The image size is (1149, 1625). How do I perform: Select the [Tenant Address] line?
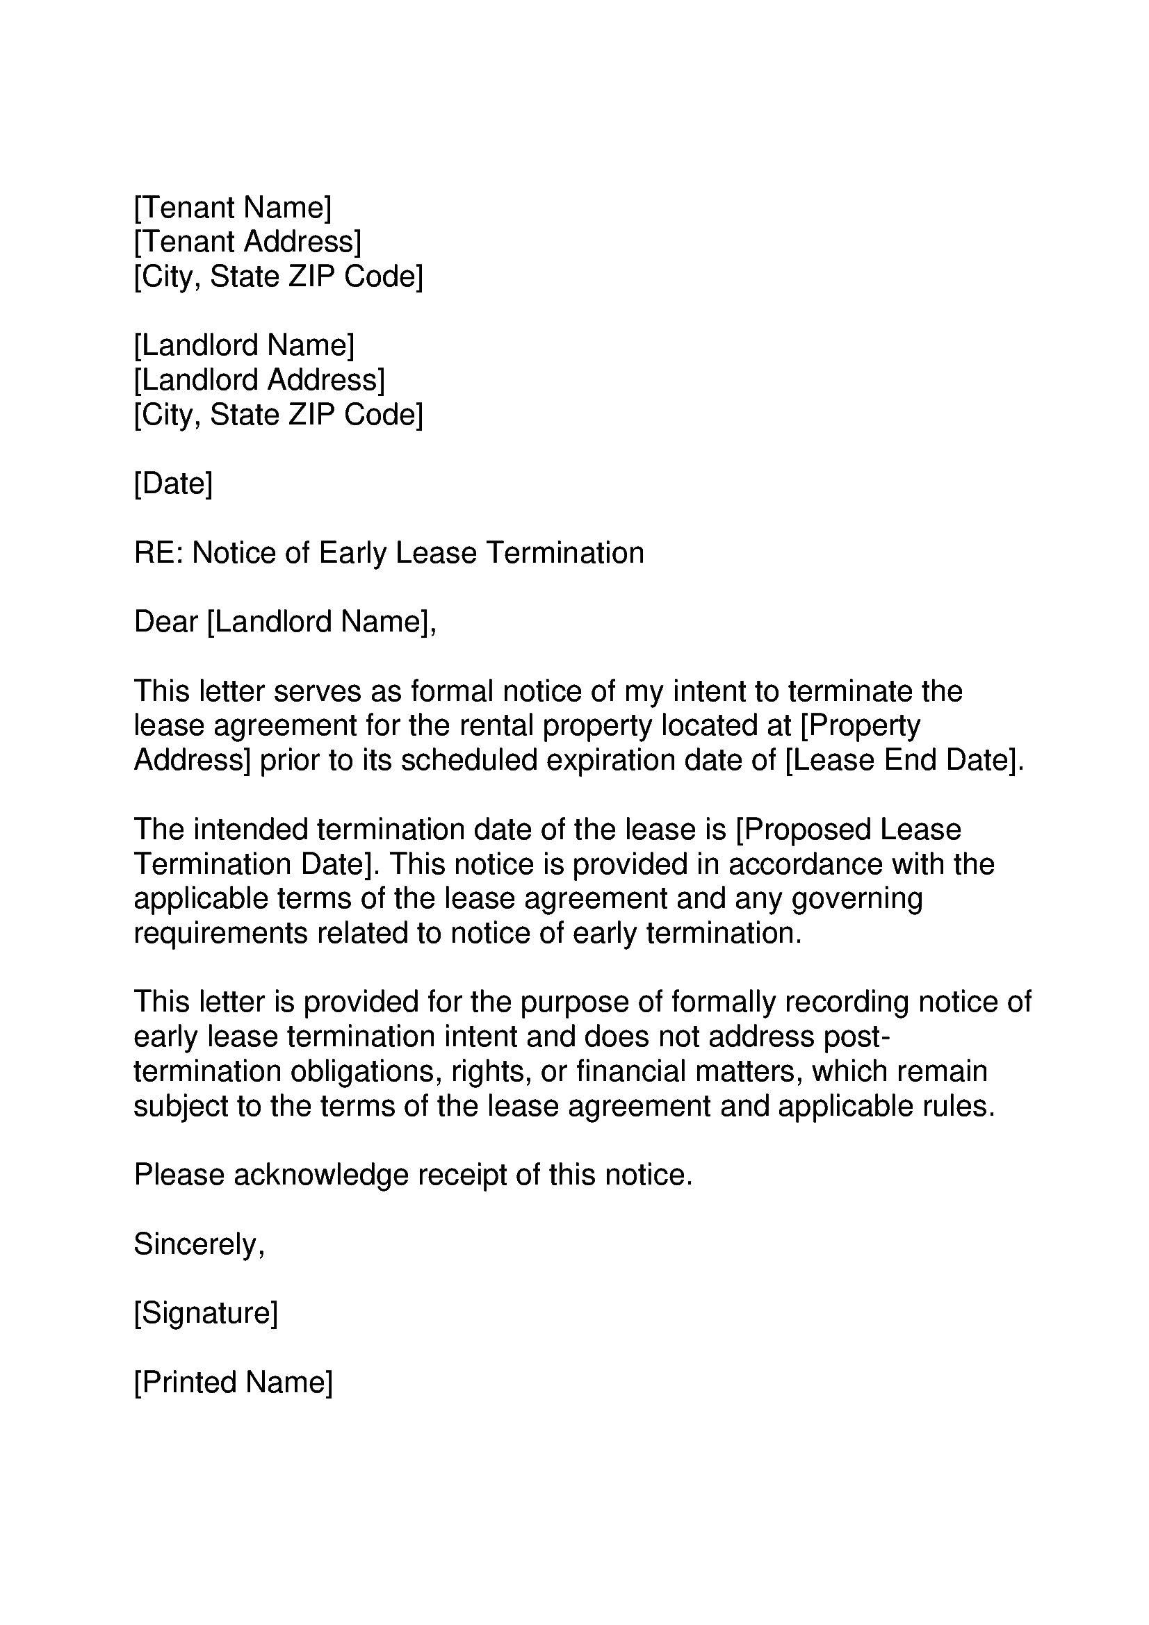(247, 242)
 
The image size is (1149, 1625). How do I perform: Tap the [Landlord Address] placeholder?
(259, 380)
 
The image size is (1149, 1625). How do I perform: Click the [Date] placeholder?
(173, 484)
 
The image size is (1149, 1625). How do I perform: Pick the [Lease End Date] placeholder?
(904, 760)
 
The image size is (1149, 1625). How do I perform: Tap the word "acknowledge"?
(320, 1175)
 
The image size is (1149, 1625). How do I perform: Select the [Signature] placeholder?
(205, 1314)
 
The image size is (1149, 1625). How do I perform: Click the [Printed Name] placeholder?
(233, 1383)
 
